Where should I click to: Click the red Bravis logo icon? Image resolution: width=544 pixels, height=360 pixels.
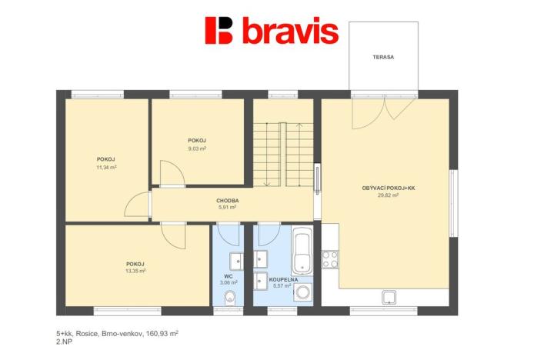pyautogui.click(x=219, y=30)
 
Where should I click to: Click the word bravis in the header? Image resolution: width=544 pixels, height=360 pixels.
pyautogui.click(x=289, y=32)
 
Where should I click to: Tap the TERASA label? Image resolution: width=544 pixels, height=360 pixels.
pyautogui.click(x=383, y=57)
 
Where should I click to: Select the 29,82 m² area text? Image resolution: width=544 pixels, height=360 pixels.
pyautogui.click(x=388, y=195)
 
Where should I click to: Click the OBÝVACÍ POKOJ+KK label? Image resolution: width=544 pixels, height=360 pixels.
pyautogui.click(x=388, y=188)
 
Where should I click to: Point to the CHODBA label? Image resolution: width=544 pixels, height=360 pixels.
pyautogui.click(x=227, y=200)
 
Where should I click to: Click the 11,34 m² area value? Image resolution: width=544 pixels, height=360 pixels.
pyautogui.click(x=106, y=167)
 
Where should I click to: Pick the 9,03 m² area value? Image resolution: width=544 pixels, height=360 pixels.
pyautogui.click(x=197, y=148)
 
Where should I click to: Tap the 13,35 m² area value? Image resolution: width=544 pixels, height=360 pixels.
pyautogui.click(x=135, y=271)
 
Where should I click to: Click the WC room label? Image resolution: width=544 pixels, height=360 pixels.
pyautogui.click(x=229, y=275)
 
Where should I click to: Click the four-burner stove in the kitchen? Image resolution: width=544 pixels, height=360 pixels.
pyautogui.click(x=330, y=258)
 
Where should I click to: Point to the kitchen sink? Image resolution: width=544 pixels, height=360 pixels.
pyautogui.click(x=389, y=297)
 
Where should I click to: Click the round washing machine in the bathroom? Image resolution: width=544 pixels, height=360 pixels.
pyautogui.click(x=303, y=292)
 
